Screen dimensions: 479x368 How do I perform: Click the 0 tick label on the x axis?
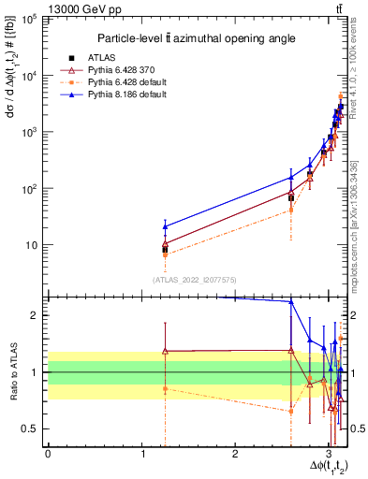[x=48, y=453]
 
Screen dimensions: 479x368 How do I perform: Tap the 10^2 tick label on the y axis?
[x=31, y=189]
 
